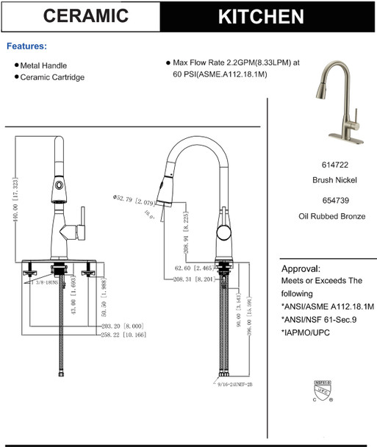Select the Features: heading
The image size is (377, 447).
point(26,46)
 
